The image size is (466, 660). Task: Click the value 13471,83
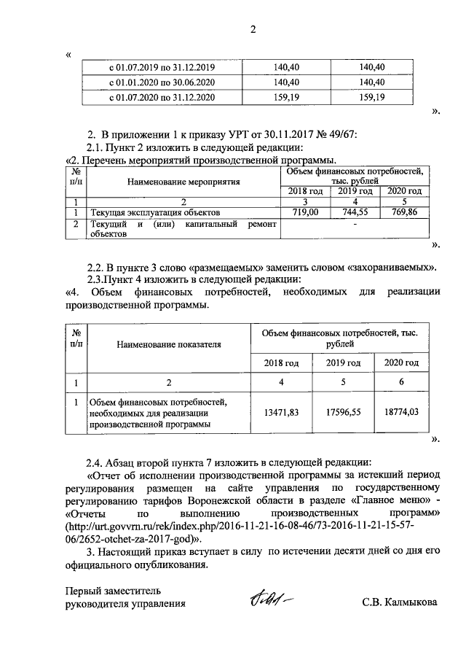tap(280, 413)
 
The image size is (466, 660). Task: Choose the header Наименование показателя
tap(168, 345)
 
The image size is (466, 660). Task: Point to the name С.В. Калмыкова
tap(400, 603)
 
